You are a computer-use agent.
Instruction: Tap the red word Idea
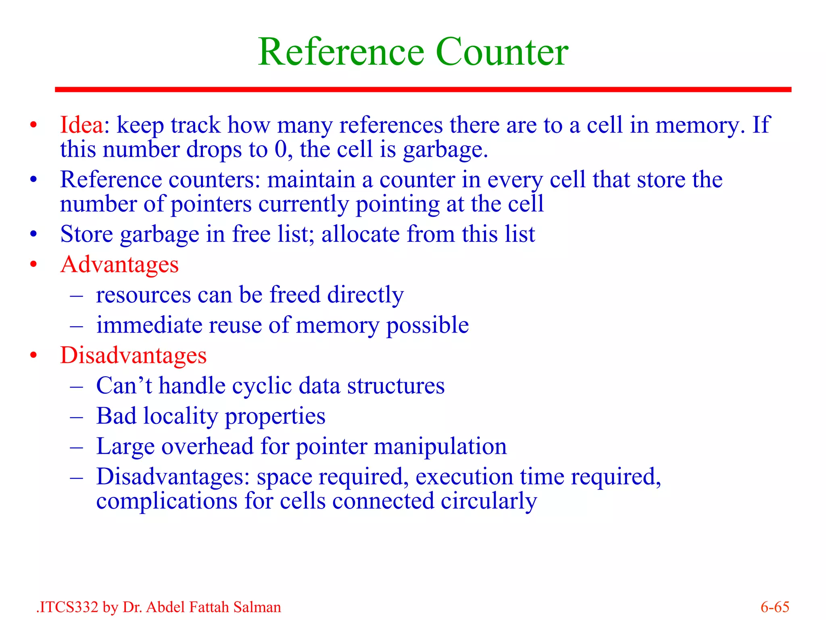click(x=81, y=125)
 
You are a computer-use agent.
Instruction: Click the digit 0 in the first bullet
click(x=280, y=149)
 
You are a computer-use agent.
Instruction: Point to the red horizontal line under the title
click(x=423, y=90)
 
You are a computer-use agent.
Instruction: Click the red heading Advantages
click(x=119, y=265)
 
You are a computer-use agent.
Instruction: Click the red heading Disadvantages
click(x=133, y=356)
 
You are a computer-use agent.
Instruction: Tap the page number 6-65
click(x=774, y=607)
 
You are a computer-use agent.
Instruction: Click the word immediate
click(x=149, y=325)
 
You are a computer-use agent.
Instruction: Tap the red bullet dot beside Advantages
click(x=33, y=265)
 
